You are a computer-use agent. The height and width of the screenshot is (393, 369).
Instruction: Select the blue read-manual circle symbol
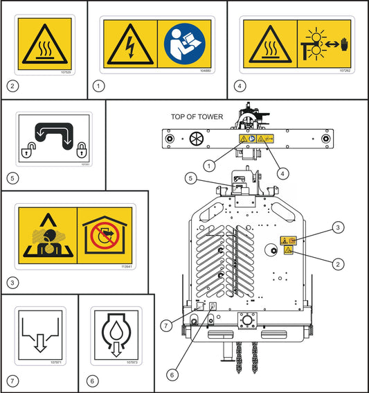tap(183, 43)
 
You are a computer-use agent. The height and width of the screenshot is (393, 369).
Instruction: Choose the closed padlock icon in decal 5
tap(82, 148)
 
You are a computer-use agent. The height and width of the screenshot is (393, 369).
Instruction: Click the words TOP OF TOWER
tap(197, 117)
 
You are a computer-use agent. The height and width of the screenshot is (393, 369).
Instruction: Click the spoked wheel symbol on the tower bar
tap(195, 139)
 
